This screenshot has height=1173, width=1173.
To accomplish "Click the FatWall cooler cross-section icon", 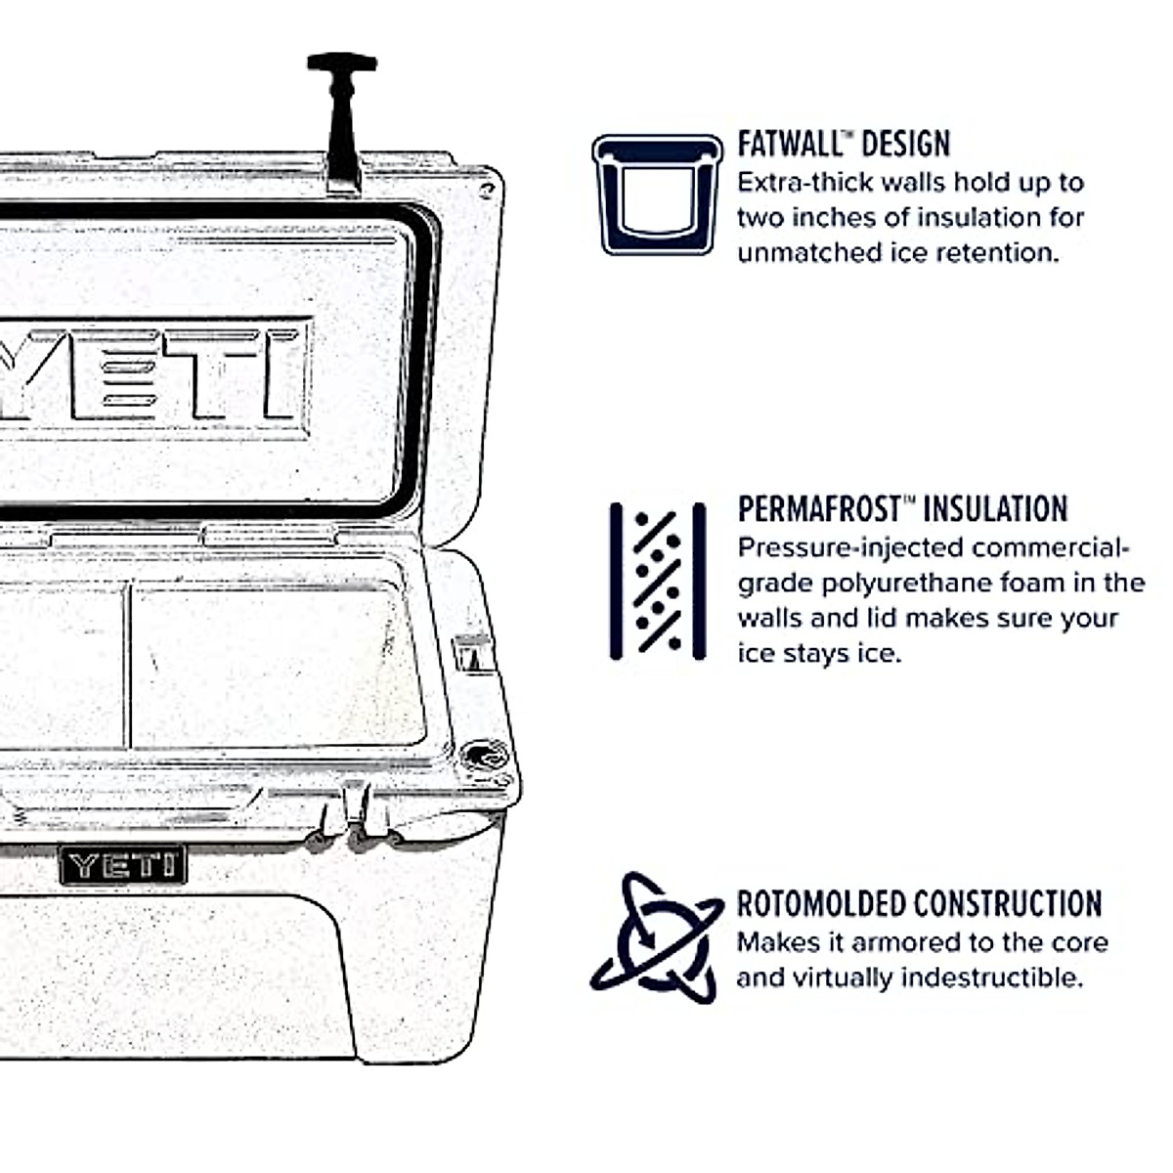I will [657, 195].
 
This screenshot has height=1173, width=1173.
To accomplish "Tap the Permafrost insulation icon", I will [658, 581].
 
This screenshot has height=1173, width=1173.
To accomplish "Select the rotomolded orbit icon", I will [657, 937].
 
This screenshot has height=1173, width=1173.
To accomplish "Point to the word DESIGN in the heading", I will [906, 144].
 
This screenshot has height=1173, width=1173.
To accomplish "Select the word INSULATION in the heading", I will [995, 509].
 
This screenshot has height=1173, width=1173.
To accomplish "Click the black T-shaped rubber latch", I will [342, 117].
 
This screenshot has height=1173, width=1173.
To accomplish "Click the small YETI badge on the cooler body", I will [122, 864].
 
